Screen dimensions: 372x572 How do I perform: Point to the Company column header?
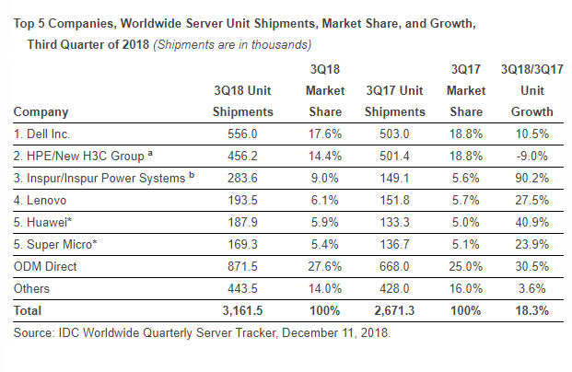point(41,111)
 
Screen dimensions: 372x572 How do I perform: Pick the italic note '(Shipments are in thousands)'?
point(231,42)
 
